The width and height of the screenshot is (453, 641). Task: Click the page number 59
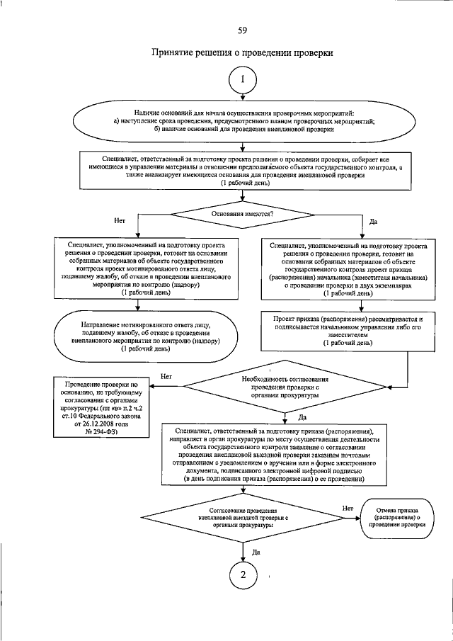click(242, 29)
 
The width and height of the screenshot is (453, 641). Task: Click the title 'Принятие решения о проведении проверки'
click(242, 53)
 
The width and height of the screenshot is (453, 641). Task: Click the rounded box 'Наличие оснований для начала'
click(243, 122)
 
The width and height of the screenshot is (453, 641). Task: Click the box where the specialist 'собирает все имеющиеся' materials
click(243, 171)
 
